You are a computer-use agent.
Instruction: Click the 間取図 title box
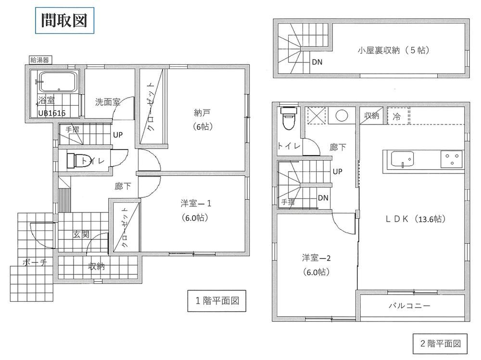pyautogui.click(x=64, y=20)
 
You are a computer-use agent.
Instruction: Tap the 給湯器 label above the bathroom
pyautogui.click(x=40, y=60)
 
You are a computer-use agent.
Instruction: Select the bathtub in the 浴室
pyautogui.click(x=58, y=82)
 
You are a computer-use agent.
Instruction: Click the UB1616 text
pyautogui.click(x=52, y=113)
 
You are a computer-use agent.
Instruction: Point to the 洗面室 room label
pyautogui.click(x=107, y=102)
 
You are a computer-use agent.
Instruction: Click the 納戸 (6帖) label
pyautogui.click(x=203, y=120)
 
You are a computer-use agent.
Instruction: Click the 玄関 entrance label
pyautogui.click(x=81, y=235)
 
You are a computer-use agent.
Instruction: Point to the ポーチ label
pyautogui.click(x=35, y=262)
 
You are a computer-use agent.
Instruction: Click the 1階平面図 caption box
pyautogui.click(x=217, y=301)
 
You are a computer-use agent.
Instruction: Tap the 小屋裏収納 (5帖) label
pyautogui.click(x=393, y=50)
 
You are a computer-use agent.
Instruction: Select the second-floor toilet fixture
pyautogui.click(x=289, y=118)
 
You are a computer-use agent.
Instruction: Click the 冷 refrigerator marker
pyautogui.click(x=396, y=116)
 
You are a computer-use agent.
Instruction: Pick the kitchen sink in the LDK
pyautogui.click(x=402, y=159)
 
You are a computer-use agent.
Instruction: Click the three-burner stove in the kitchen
pyautogui.click(x=452, y=159)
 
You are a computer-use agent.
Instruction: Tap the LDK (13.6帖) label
pyautogui.click(x=416, y=219)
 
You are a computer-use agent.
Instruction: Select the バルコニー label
pyautogui.click(x=409, y=305)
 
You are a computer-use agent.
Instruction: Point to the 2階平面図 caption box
pyautogui.click(x=440, y=344)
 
